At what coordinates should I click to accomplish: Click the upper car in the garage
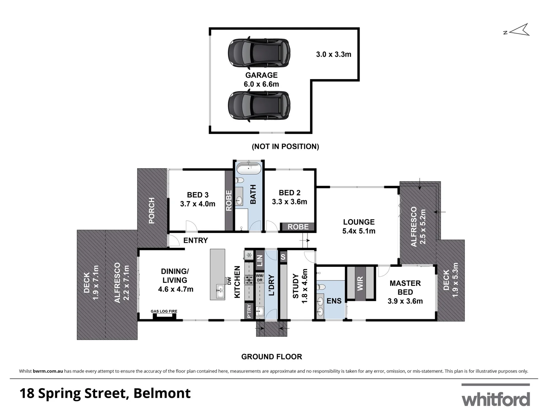click(x=259, y=53)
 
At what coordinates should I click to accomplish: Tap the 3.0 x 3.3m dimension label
click(x=333, y=54)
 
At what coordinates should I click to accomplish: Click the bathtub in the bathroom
click(x=249, y=169)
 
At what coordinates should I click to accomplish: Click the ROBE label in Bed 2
click(x=298, y=227)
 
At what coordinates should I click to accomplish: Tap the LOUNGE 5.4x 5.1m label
click(x=358, y=226)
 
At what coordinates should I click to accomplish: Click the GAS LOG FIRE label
click(x=164, y=311)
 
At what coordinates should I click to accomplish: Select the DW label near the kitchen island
click(x=229, y=281)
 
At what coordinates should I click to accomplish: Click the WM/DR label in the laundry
click(x=260, y=277)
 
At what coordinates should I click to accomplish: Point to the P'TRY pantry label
click(x=249, y=311)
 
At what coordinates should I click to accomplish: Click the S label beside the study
click(x=283, y=257)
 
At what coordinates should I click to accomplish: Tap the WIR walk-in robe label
click(x=360, y=284)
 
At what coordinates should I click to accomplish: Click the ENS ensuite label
click(x=334, y=301)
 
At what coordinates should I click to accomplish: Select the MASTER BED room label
click(x=405, y=288)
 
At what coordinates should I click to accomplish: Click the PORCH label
click(x=151, y=210)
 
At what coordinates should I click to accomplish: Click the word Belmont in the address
click(x=162, y=393)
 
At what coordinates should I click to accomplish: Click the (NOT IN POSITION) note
click(x=285, y=147)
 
